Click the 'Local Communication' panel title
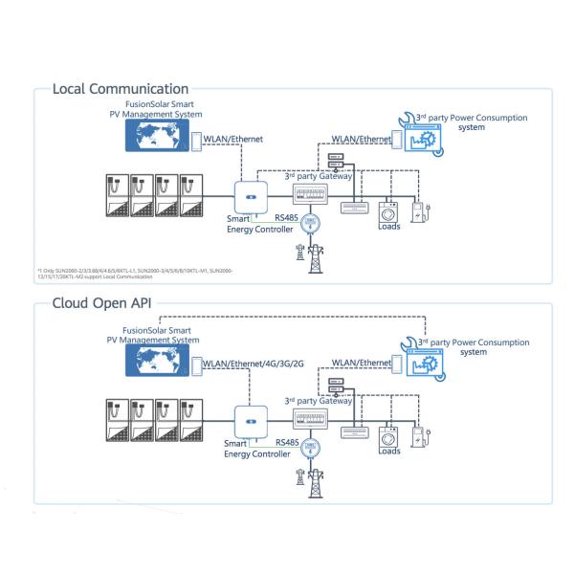(121, 89)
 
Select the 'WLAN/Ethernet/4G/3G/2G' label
(254, 363)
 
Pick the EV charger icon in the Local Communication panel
(417, 211)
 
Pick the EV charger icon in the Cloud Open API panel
(417, 435)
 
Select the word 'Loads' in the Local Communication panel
(389, 229)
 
